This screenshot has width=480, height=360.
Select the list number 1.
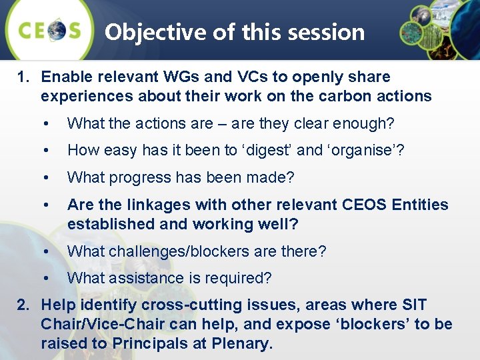[x=23, y=77]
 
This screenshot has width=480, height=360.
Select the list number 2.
[x=23, y=305]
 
